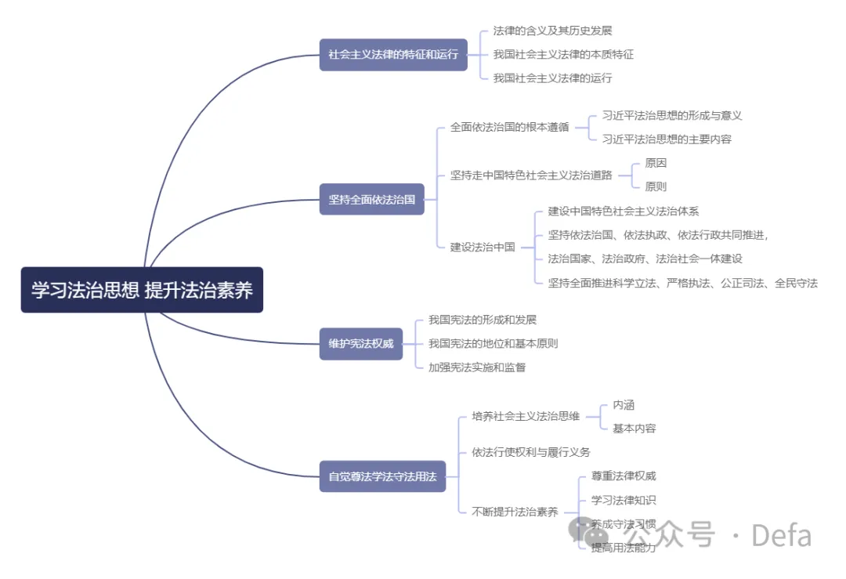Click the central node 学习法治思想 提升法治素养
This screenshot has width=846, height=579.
(x=142, y=290)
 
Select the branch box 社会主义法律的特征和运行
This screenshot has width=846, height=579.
(x=393, y=54)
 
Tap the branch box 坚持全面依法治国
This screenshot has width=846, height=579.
(x=371, y=199)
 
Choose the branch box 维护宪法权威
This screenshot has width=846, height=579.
(x=360, y=343)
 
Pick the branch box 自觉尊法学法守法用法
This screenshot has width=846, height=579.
(x=382, y=476)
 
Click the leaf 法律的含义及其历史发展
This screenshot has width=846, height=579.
(x=552, y=31)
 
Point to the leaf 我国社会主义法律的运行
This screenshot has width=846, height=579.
(x=552, y=78)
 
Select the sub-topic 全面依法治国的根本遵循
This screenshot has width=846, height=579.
(x=509, y=127)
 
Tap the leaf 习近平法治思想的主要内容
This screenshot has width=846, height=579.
(x=667, y=139)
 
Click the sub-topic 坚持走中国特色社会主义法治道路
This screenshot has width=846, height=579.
(x=531, y=175)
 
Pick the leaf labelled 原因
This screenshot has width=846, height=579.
(x=656, y=163)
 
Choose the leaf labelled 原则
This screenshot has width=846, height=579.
(x=656, y=186)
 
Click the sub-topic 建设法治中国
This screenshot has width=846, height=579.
(x=483, y=247)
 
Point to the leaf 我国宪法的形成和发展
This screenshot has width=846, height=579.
(x=482, y=320)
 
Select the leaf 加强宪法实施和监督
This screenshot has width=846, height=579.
(x=476, y=367)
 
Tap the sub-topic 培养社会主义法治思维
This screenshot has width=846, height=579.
(x=526, y=416)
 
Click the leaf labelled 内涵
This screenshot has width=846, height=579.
(x=624, y=404)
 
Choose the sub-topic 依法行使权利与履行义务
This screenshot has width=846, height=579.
(x=531, y=451)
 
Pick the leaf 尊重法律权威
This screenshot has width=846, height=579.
(x=624, y=476)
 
